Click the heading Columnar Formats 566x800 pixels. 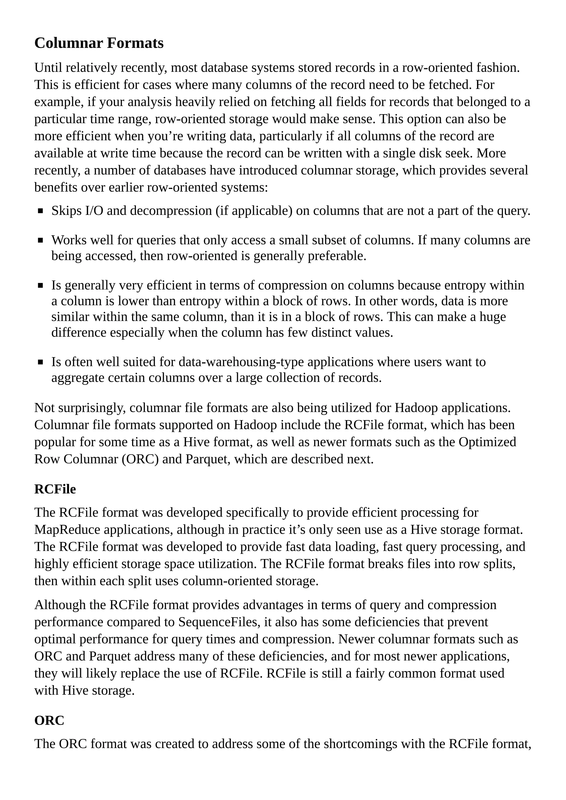(99, 43)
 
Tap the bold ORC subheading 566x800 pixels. (49, 720)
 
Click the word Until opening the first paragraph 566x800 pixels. (48, 68)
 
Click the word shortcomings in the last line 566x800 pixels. (360, 744)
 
